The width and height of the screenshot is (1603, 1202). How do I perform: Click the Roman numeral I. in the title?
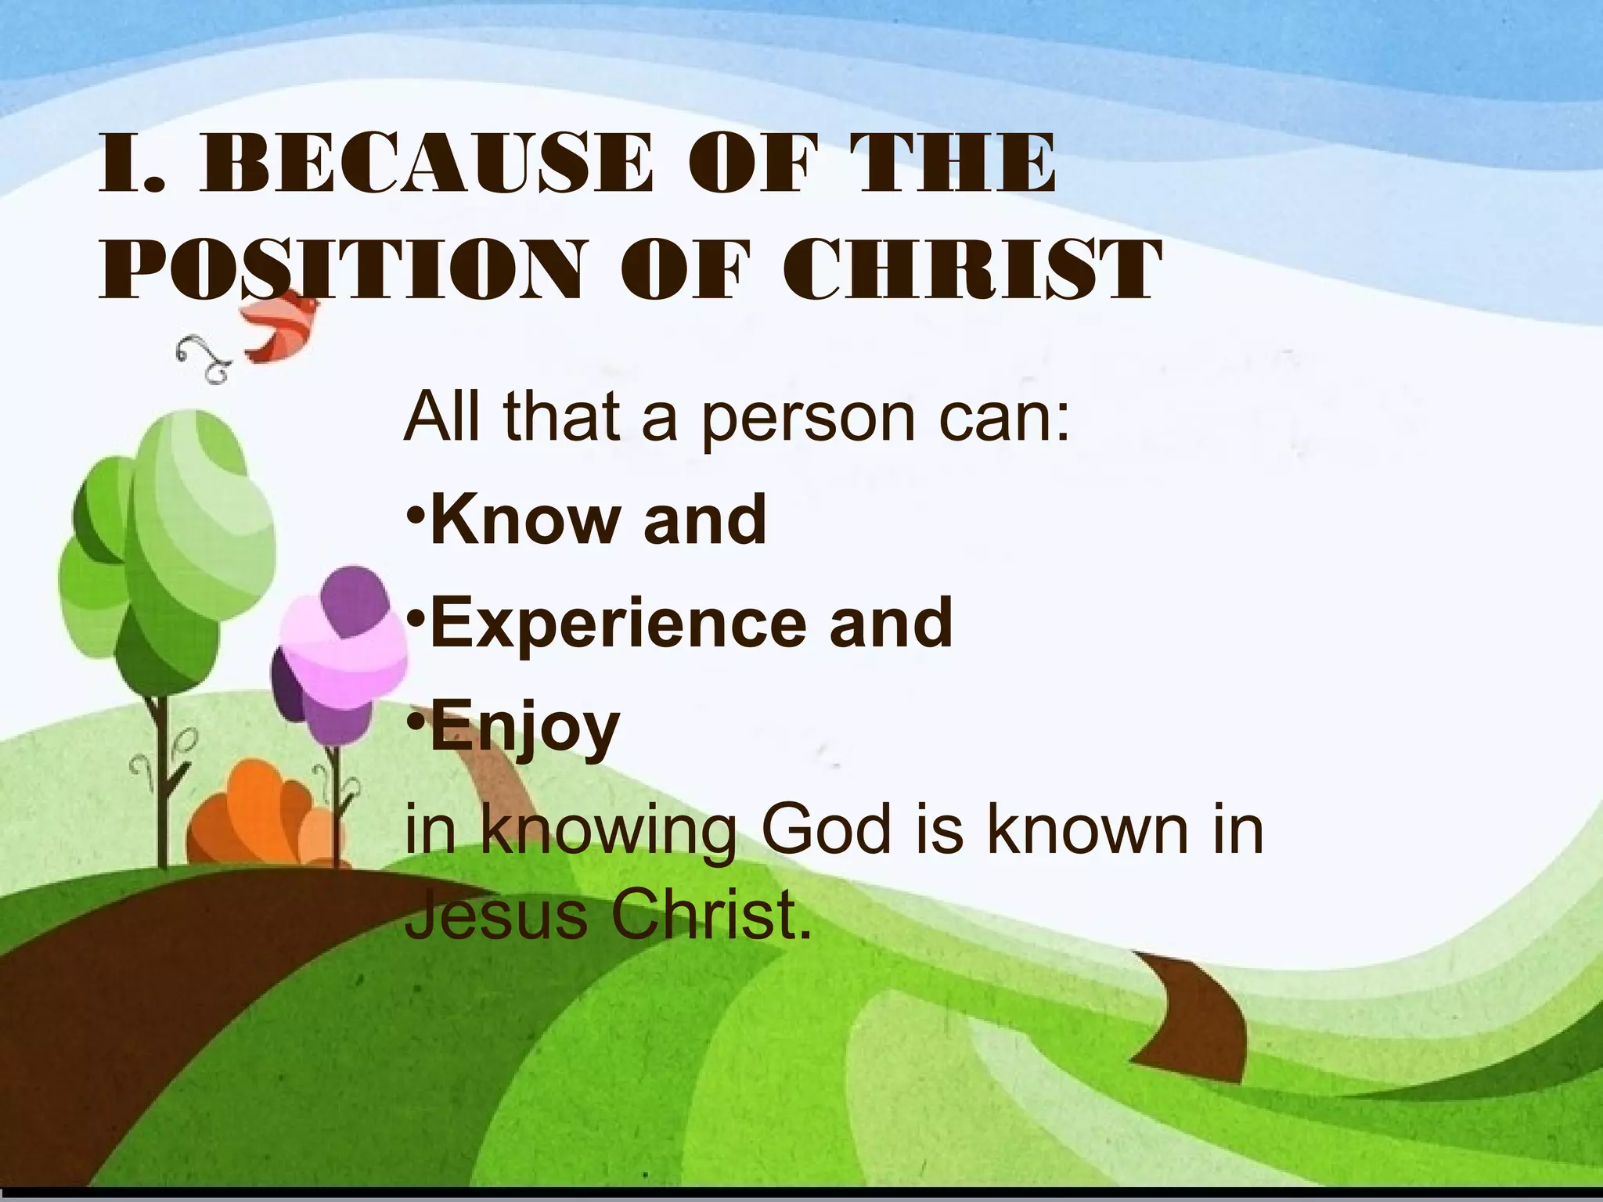click(132, 164)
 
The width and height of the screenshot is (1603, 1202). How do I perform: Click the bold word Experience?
click(618, 624)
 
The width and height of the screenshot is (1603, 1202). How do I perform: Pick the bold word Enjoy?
click(525, 729)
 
